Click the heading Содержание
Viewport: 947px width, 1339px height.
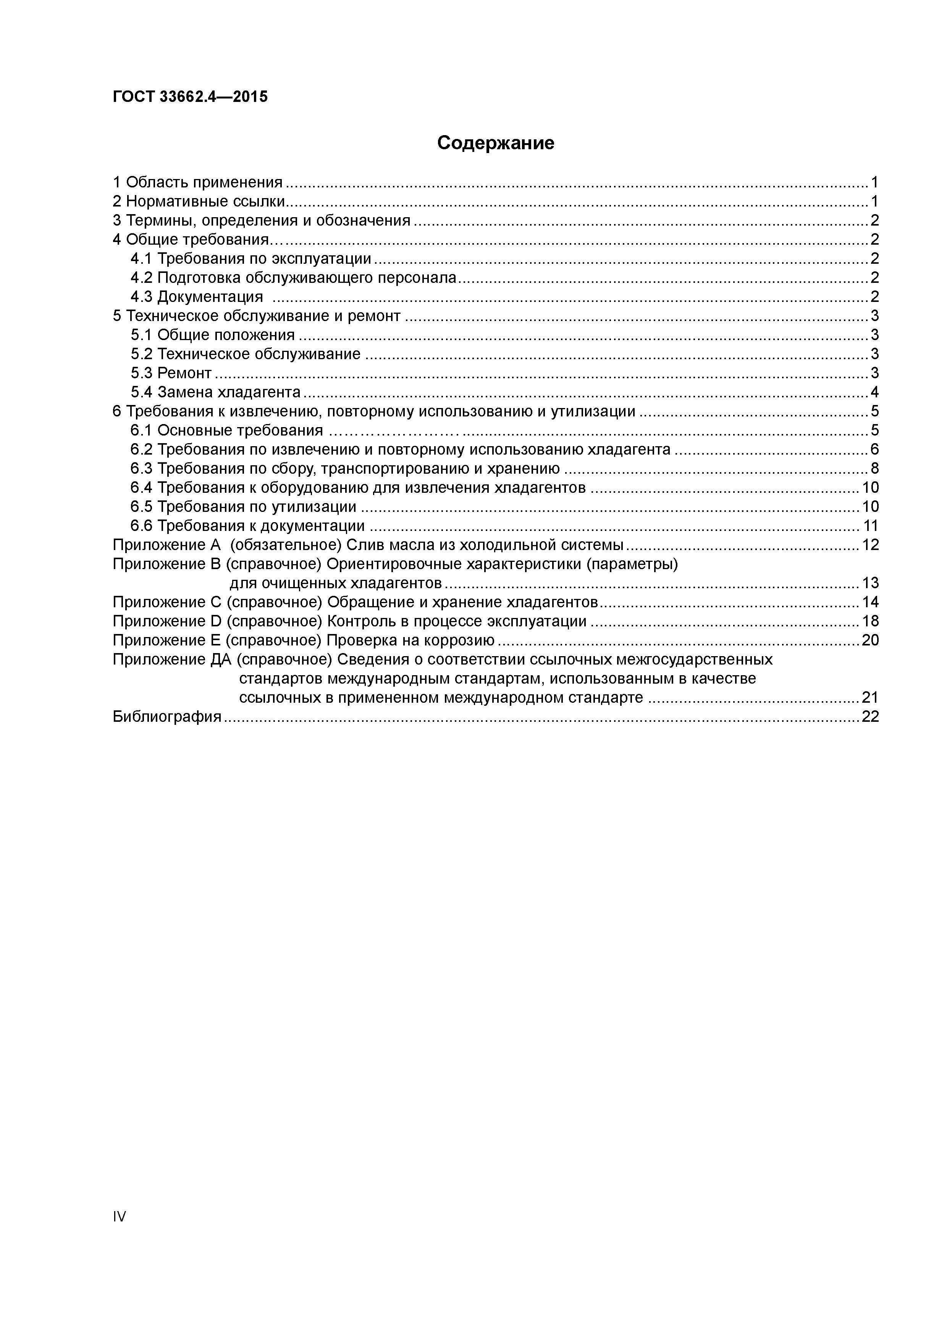495,143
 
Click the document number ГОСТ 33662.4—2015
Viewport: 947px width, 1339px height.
190,97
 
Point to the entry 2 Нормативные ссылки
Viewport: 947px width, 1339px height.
199,202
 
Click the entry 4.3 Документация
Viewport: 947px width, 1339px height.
197,297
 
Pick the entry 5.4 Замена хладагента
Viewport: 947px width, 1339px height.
215,392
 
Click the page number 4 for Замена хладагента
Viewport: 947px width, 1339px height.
874,392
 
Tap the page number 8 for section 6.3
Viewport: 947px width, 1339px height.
874,469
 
